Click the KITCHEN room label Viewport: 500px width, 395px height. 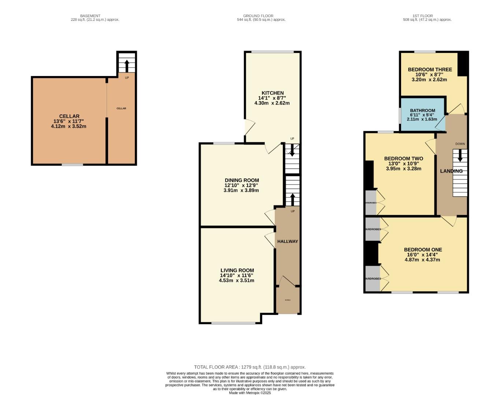pos(273,93)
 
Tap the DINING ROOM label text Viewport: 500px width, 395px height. pos(242,180)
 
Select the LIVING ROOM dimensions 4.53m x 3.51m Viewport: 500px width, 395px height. pos(237,281)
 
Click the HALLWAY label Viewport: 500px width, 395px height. pos(288,241)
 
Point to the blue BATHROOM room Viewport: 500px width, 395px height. pos(423,114)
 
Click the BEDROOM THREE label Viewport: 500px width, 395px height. pos(430,69)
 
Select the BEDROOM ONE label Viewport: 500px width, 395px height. pos(423,250)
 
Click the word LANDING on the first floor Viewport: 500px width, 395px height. pos(451,171)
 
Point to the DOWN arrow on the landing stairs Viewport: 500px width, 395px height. pos(460,156)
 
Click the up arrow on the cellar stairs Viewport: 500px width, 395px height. pos(127,66)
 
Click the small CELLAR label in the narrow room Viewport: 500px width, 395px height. pos(121,108)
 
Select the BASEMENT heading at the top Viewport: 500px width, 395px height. pos(90,16)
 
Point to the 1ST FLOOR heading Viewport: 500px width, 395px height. pos(422,16)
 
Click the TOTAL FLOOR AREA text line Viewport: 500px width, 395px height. pos(249,367)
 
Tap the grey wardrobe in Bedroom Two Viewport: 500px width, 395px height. pos(371,202)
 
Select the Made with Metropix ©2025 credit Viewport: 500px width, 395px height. pos(249,393)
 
